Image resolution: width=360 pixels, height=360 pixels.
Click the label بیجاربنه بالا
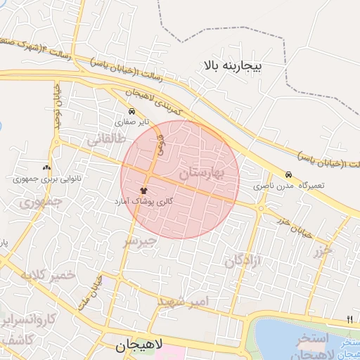pyautogui.click(x=231, y=66)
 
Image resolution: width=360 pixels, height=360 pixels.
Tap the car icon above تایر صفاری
pyautogui.click(x=131, y=111)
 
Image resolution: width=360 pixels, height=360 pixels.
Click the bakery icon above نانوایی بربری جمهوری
pyautogui.click(x=47, y=167)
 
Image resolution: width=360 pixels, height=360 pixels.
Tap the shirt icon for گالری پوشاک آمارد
pyautogui.click(x=143, y=190)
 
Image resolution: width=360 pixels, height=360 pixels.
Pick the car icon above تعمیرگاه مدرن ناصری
pyautogui.click(x=288, y=174)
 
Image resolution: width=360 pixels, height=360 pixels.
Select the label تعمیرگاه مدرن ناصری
pyautogui.click(x=289, y=186)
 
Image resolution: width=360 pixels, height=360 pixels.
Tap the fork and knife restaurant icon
pyautogui.click(x=349, y=320)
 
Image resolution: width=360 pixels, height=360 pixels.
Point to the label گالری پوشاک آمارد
pyautogui.click(x=143, y=201)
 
